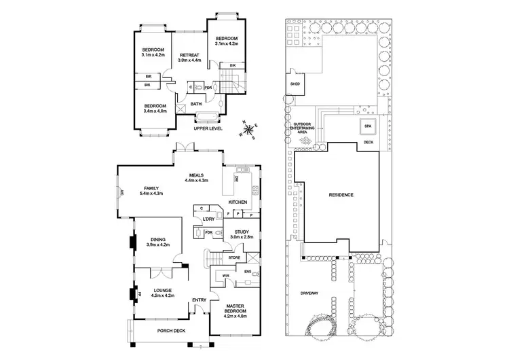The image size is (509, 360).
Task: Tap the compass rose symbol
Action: (x=249, y=129)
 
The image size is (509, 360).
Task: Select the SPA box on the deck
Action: (x=369, y=126)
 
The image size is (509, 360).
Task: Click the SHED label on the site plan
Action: (x=295, y=84)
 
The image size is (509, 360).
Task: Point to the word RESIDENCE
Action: (x=341, y=195)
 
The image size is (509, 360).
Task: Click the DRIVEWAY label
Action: (x=309, y=293)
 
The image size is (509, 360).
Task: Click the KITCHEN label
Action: (x=238, y=203)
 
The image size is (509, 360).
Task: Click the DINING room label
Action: (x=157, y=239)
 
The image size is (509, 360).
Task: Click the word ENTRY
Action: (x=200, y=300)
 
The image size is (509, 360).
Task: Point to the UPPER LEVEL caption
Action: (x=208, y=127)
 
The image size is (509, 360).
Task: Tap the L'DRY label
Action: (x=208, y=219)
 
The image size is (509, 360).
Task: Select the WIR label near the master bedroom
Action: (x=227, y=275)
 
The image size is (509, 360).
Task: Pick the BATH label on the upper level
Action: (x=196, y=104)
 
